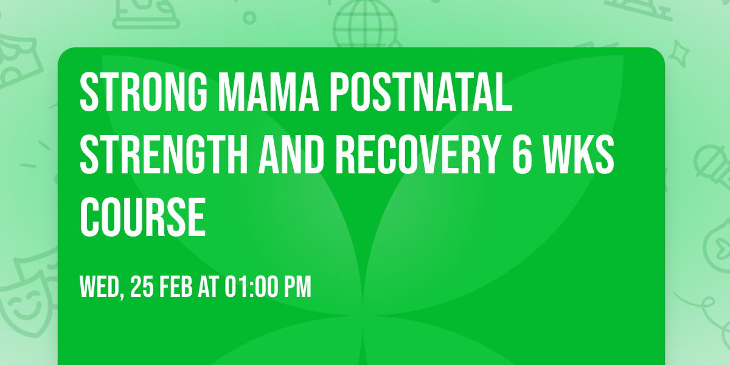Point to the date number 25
click(144, 287)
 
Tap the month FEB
click(177, 287)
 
